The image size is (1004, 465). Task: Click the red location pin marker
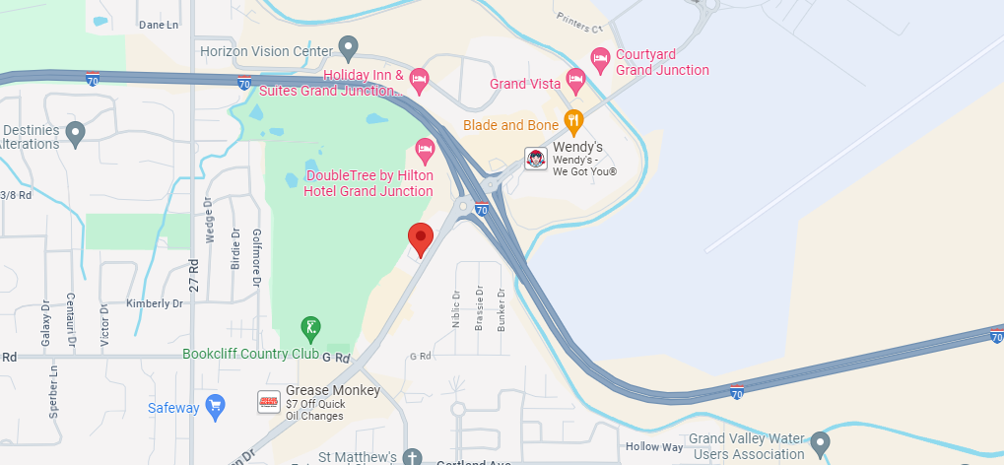421,237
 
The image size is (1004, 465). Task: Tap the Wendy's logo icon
535,159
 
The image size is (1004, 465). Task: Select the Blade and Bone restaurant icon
573,123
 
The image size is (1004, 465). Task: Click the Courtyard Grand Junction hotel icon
600,60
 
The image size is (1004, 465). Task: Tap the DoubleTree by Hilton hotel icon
426,151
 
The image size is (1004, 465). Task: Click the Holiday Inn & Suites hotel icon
419,78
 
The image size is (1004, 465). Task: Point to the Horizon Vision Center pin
347,47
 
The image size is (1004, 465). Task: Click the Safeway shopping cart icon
215,406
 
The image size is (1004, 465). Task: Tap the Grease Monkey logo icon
268,402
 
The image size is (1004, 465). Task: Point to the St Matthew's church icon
413,457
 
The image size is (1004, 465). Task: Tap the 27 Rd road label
194,268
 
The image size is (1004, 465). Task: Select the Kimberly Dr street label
155,303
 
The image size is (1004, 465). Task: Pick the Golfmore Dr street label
255,267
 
